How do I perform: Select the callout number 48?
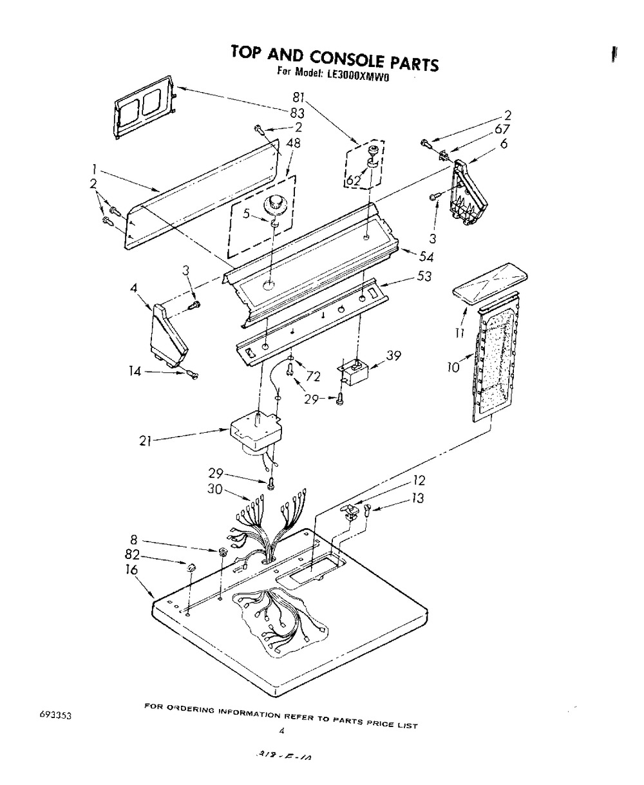click(x=294, y=144)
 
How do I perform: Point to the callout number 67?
click(x=504, y=130)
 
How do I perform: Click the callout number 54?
click(x=426, y=258)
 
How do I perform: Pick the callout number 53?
click(x=423, y=277)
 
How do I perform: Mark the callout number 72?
click(x=312, y=376)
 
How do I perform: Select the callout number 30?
click(x=216, y=489)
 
